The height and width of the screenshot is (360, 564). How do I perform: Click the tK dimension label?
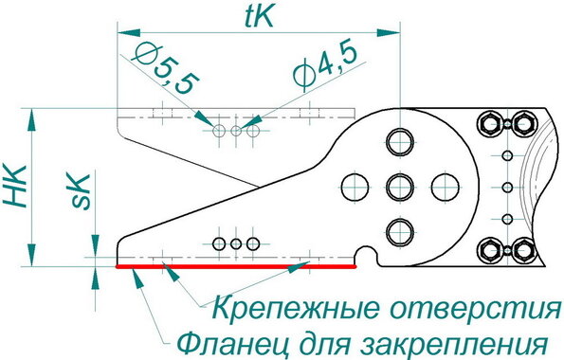point(259,17)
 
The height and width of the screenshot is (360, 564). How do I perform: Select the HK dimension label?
point(15,187)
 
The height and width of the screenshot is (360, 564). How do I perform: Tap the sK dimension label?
point(81,191)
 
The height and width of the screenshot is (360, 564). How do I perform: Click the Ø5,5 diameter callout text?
point(167,69)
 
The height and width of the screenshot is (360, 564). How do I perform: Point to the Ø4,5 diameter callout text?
point(326,65)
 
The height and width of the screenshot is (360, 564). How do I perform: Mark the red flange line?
point(236,267)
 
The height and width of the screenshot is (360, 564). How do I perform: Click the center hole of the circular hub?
point(400,187)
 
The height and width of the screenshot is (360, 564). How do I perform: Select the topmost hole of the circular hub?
point(400,142)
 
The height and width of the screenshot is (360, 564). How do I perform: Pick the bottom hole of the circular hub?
point(400,231)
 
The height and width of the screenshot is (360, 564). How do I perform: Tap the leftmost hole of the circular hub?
point(355,187)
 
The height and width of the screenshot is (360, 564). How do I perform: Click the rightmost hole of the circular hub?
point(445,187)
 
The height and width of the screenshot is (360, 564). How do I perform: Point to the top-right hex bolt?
point(523,124)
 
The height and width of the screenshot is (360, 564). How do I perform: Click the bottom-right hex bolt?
point(523,250)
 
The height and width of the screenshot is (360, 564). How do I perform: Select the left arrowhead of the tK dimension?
point(128,33)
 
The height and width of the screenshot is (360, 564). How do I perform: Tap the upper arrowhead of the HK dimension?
point(31,119)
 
